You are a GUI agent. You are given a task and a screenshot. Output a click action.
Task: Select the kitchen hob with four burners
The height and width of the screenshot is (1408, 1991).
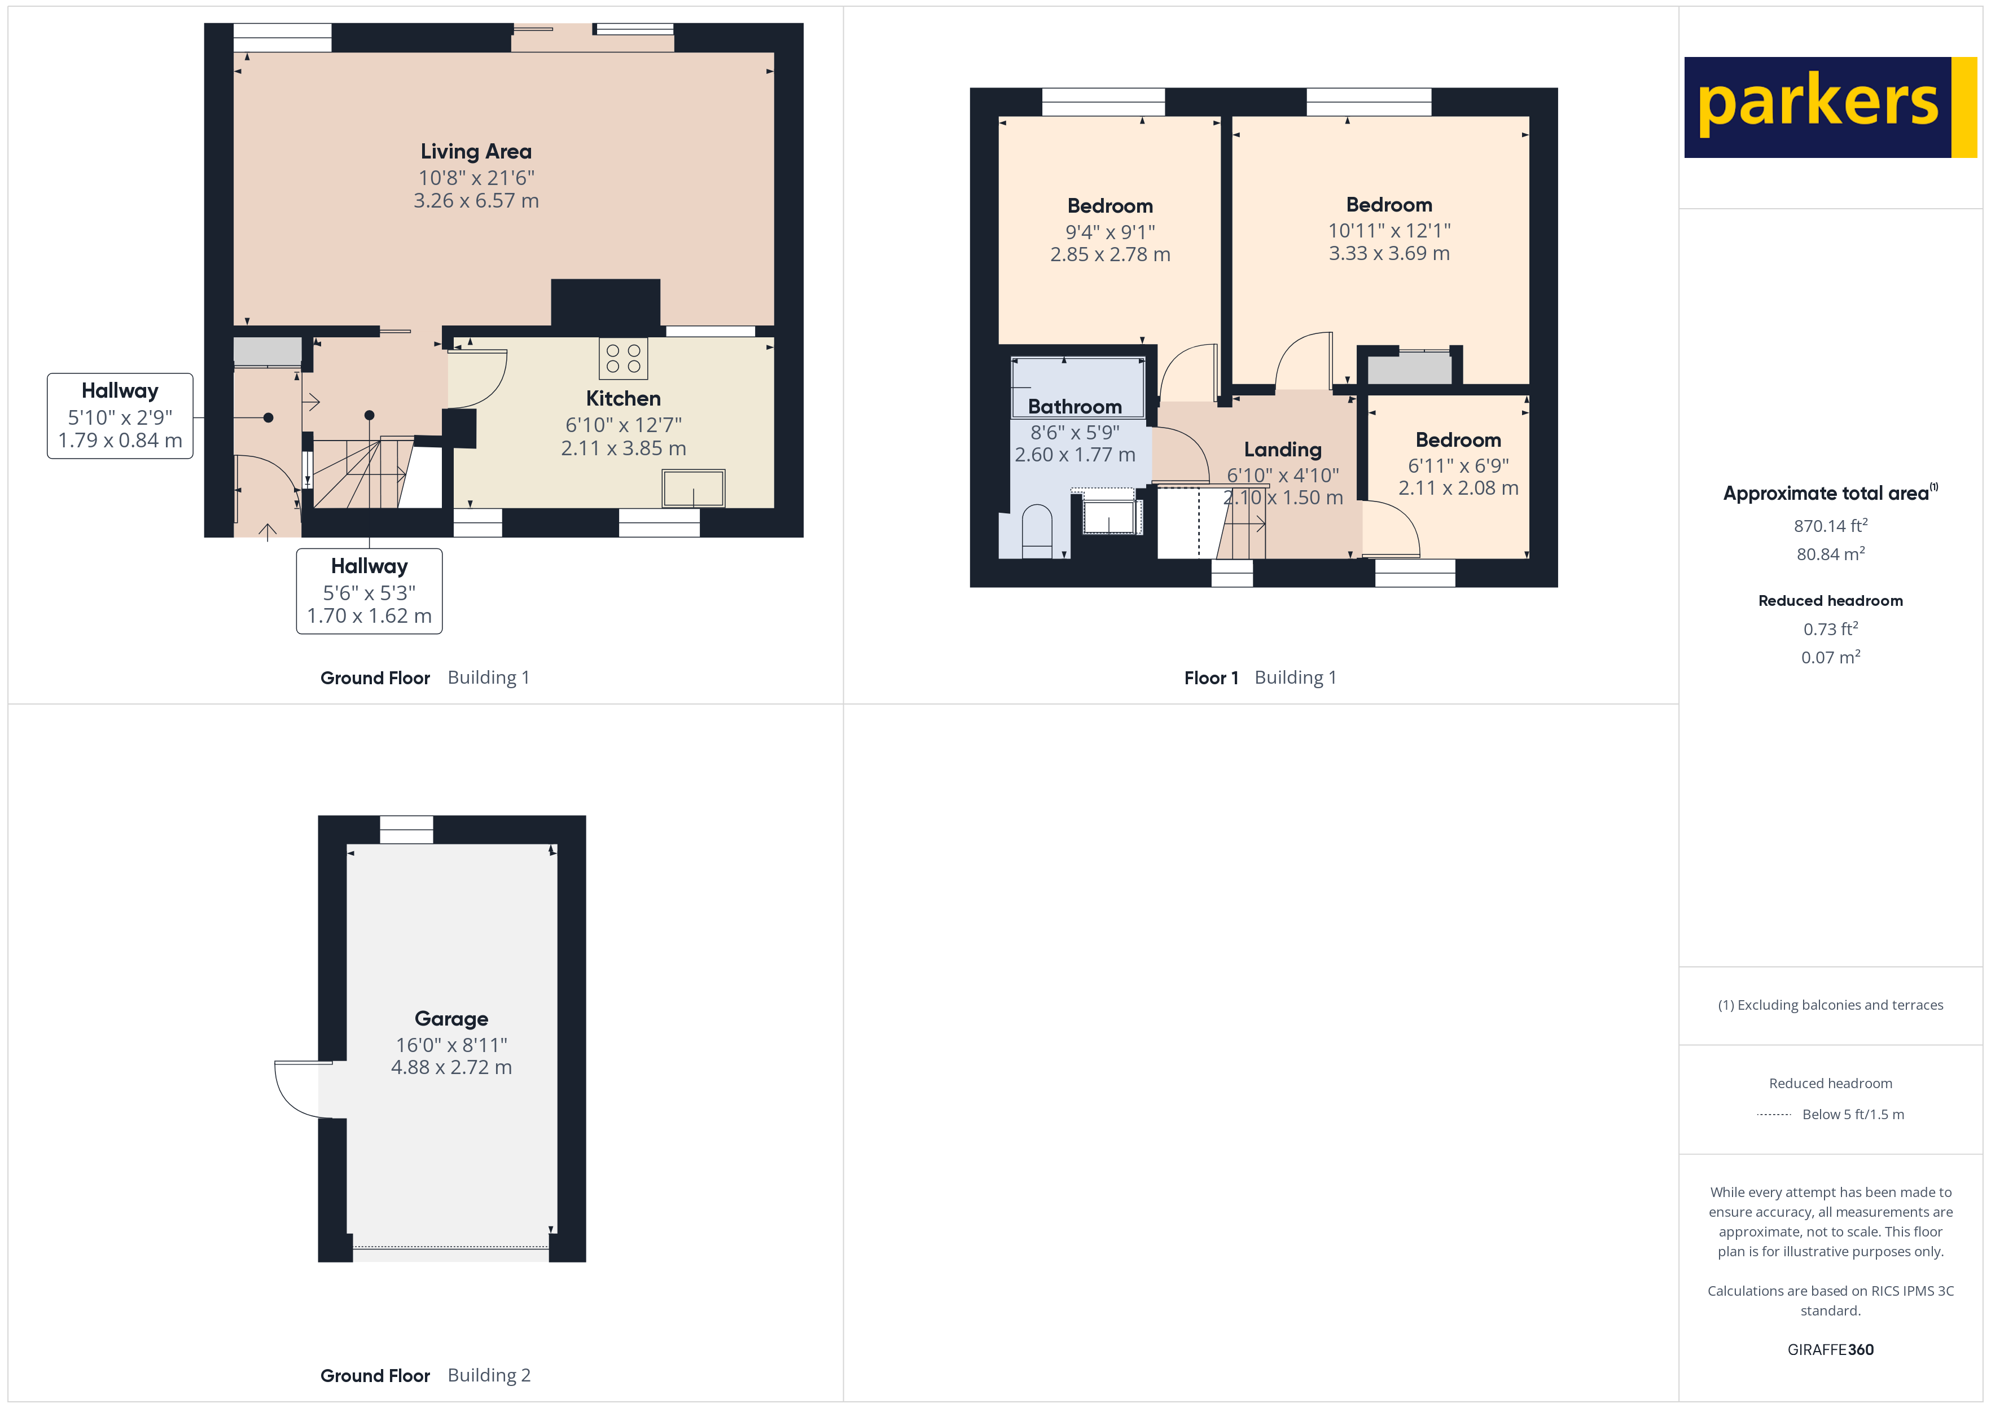pos(622,359)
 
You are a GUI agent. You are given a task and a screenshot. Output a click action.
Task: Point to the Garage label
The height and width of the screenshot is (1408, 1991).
pos(451,1019)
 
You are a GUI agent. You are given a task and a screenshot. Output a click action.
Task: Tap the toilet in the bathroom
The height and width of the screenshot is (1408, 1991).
pos(1037,531)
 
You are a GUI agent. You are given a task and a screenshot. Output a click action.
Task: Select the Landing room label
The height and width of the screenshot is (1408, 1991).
pos(1283,449)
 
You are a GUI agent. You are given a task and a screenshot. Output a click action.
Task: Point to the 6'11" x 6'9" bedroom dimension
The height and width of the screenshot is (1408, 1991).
pos(1458,465)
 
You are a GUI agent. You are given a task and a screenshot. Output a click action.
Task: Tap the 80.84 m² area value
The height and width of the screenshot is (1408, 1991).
pos(1830,554)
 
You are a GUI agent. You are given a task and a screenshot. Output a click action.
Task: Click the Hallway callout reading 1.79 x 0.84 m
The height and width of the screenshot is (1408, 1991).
pos(120,416)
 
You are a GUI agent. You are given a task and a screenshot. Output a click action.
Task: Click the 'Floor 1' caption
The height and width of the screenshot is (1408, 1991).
pos(1211,678)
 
